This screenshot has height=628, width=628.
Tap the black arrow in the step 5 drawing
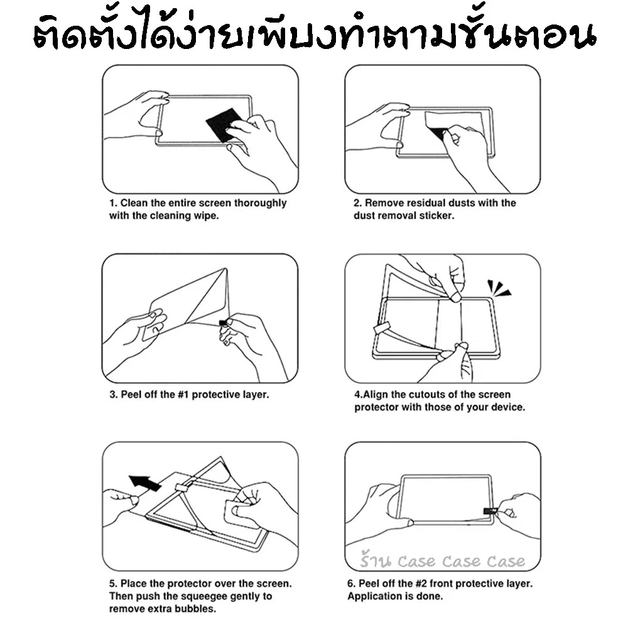click(145, 482)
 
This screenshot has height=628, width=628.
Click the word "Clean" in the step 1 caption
click(134, 203)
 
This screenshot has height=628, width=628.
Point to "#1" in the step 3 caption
click(183, 394)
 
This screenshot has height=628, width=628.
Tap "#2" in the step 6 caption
click(421, 583)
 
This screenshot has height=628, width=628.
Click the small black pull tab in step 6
click(490, 511)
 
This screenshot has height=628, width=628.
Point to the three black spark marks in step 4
click(498, 288)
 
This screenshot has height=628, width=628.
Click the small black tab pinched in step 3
click(223, 323)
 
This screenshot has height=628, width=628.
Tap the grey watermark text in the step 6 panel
click(442, 560)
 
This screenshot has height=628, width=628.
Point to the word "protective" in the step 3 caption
click(215, 395)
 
